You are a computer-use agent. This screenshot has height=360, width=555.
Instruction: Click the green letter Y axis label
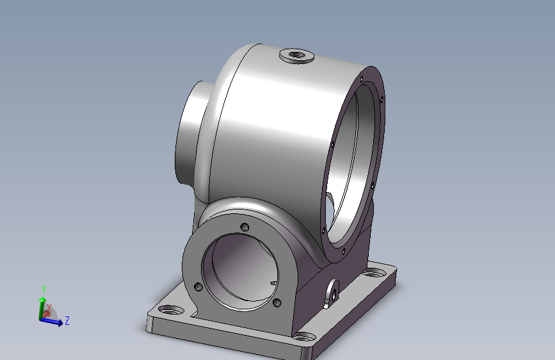coord(43,289)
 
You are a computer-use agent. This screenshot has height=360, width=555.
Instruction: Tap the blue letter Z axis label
coord(67,320)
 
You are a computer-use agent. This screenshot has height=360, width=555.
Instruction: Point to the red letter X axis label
coord(49,307)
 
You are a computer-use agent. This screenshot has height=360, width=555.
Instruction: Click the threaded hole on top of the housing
coord(295,54)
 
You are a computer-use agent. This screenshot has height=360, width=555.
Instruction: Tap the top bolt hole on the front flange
coord(245,227)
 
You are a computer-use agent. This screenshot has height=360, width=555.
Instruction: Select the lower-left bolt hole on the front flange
coord(199,286)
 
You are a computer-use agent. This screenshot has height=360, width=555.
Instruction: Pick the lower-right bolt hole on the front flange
coord(277,302)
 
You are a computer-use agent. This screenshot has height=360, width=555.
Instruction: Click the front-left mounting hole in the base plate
coord(171,310)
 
